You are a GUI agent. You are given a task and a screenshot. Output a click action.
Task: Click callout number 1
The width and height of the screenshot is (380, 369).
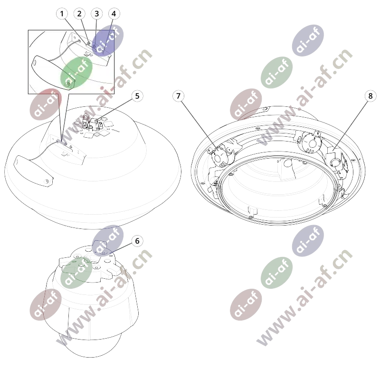[62, 14]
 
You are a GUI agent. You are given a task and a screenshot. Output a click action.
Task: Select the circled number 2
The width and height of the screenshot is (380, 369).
[79, 14]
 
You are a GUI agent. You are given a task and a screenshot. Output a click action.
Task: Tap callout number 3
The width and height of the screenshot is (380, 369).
[96, 14]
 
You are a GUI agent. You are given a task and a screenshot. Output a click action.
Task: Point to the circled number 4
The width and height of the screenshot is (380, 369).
[114, 14]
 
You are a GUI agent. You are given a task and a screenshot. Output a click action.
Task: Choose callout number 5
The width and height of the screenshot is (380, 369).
[137, 96]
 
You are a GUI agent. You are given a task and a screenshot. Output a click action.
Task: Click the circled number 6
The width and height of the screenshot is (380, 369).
[137, 241]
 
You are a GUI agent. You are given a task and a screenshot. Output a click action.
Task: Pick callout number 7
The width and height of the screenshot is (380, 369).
[179, 96]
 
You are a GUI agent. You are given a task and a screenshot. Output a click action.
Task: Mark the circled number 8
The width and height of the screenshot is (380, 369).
[370, 96]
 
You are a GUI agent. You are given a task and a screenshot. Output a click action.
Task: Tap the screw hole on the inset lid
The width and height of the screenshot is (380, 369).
[68, 84]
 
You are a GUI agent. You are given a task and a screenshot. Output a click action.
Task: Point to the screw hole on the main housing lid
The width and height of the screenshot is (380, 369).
[47, 181]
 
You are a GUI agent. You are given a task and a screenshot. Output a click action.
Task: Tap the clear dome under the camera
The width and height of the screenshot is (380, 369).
[90, 344]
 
